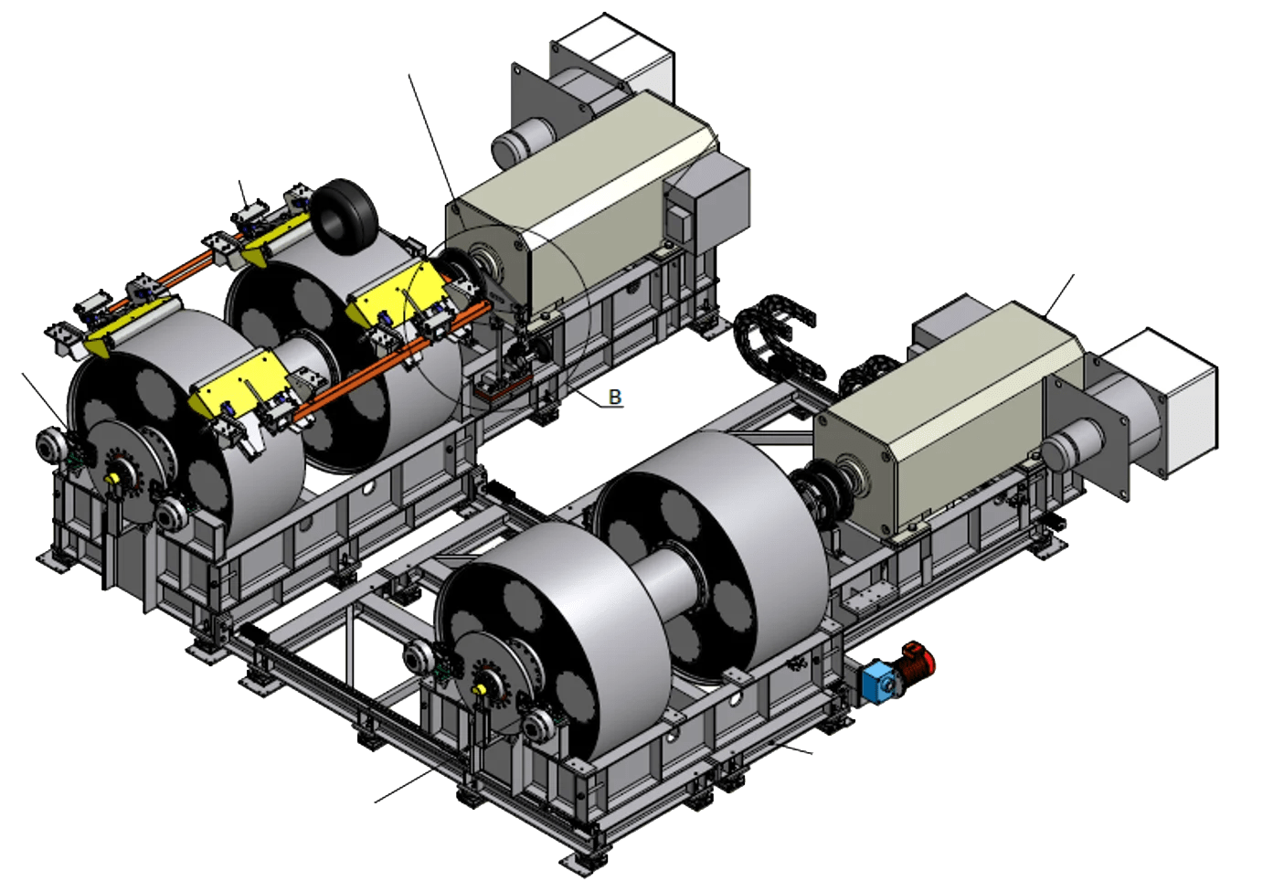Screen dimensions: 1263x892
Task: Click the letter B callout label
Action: [614, 397]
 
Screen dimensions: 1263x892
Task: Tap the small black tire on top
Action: [345, 208]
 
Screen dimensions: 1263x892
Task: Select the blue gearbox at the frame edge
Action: [878, 679]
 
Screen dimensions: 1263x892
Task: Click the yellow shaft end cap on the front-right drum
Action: [481, 689]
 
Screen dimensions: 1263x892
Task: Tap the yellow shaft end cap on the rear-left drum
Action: [112, 479]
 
